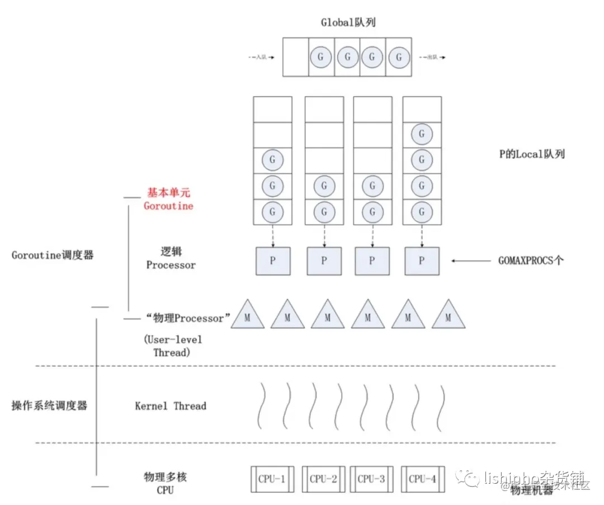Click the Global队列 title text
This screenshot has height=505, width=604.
tap(347, 22)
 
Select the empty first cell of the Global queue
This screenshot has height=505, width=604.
tap(295, 57)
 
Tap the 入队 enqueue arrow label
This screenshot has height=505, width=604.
tap(261, 57)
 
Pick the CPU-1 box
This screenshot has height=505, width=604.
tap(272, 479)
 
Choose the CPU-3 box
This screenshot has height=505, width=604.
tap(371, 479)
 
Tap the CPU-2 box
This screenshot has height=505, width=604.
tap(323, 479)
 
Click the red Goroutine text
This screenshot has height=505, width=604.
tap(168, 206)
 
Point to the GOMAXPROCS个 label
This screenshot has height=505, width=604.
tap(531, 261)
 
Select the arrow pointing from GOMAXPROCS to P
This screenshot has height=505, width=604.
tap(471, 261)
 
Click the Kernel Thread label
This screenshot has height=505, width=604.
tap(171, 406)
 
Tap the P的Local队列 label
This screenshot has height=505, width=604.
tap(532, 154)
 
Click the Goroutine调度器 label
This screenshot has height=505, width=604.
tap(53, 255)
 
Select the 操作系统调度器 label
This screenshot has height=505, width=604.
tap(50, 406)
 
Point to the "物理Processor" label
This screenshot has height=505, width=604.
tap(188, 318)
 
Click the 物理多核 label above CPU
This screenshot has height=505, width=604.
tap(165, 477)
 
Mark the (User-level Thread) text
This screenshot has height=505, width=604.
tap(172, 346)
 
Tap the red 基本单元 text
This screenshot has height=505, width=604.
tap(168, 192)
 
